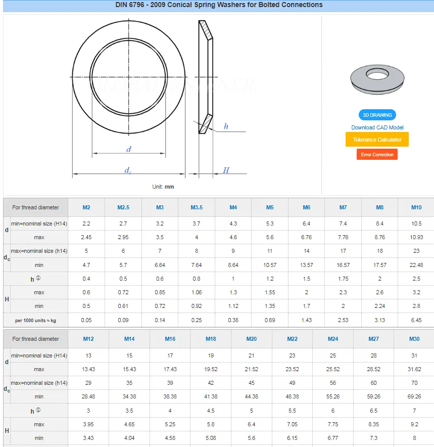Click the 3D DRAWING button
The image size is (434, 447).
(x=377, y=115)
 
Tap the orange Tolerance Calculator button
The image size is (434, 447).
(x=377, y=140)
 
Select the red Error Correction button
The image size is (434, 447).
(x=377, y=154)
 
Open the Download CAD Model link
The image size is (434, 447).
(x=377, y=127)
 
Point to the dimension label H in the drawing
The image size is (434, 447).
(x=226, y=170)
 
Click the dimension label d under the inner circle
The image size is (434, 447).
(x=129, y=149)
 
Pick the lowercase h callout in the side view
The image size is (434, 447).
(x=226, y=126)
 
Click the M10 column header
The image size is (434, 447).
(x=416, y=207)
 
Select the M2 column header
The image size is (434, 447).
(x=86, y=207)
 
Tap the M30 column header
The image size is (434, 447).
(x=414, y=339)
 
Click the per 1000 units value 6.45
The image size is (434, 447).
(x=416, y=320)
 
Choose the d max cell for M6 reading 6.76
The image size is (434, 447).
(x=307, y=237)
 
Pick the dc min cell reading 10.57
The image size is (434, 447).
(x=270, y=265)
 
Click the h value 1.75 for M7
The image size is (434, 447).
(x=343, y=279)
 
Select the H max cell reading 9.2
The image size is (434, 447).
(x=414, y=424)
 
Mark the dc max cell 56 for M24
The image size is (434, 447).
(x=333, y=383)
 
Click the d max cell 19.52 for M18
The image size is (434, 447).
(x=211, y=369)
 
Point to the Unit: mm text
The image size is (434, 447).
(x=163, y=187)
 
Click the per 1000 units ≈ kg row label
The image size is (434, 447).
(x=35, y=320)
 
